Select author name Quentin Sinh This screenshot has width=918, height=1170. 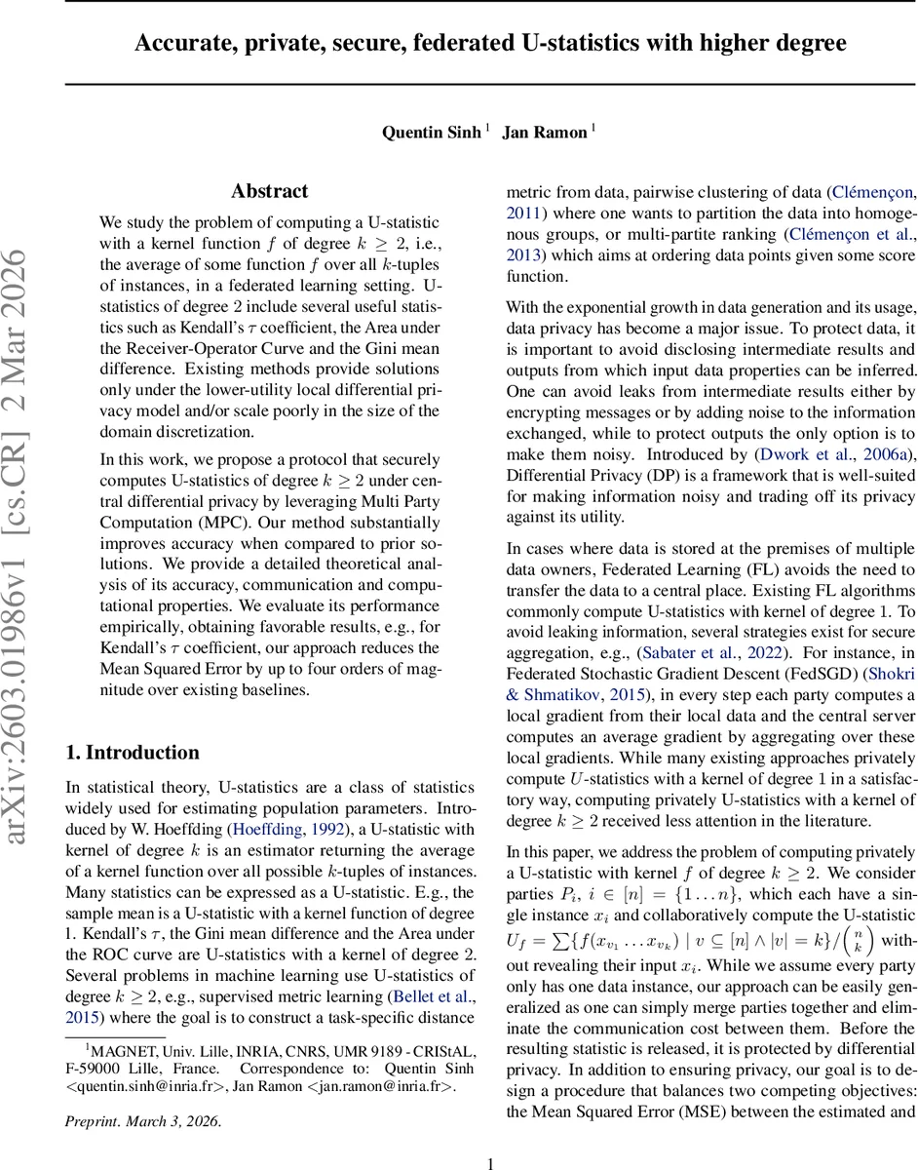pos(431,133)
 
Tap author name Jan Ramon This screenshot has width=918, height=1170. pos(543,133)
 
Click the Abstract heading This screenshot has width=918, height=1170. pos(269,191)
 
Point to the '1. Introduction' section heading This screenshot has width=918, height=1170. pos(132,753)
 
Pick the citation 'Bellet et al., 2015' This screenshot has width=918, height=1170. pos(431,996)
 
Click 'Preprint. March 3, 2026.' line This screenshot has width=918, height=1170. pos(143,1121)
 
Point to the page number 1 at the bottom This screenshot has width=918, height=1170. pos(491,1161)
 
